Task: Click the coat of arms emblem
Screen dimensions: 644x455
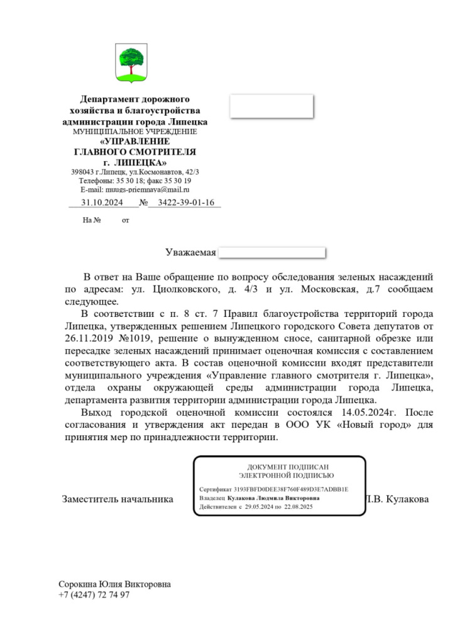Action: (132, 64)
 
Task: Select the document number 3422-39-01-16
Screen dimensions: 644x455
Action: (187, 203)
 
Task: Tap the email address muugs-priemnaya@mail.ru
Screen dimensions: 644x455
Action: (135, 189)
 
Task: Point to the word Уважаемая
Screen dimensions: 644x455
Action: (190, 253)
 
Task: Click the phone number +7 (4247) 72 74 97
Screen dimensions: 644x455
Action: (94, 594)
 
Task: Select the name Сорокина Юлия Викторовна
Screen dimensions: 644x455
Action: (114, 584)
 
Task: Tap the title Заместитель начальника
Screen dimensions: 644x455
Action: (118, 499)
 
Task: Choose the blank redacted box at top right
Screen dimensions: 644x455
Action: (271, 106)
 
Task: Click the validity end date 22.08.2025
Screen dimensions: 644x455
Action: (302, 507)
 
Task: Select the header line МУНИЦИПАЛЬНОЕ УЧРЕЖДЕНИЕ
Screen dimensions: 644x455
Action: (134, 132)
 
